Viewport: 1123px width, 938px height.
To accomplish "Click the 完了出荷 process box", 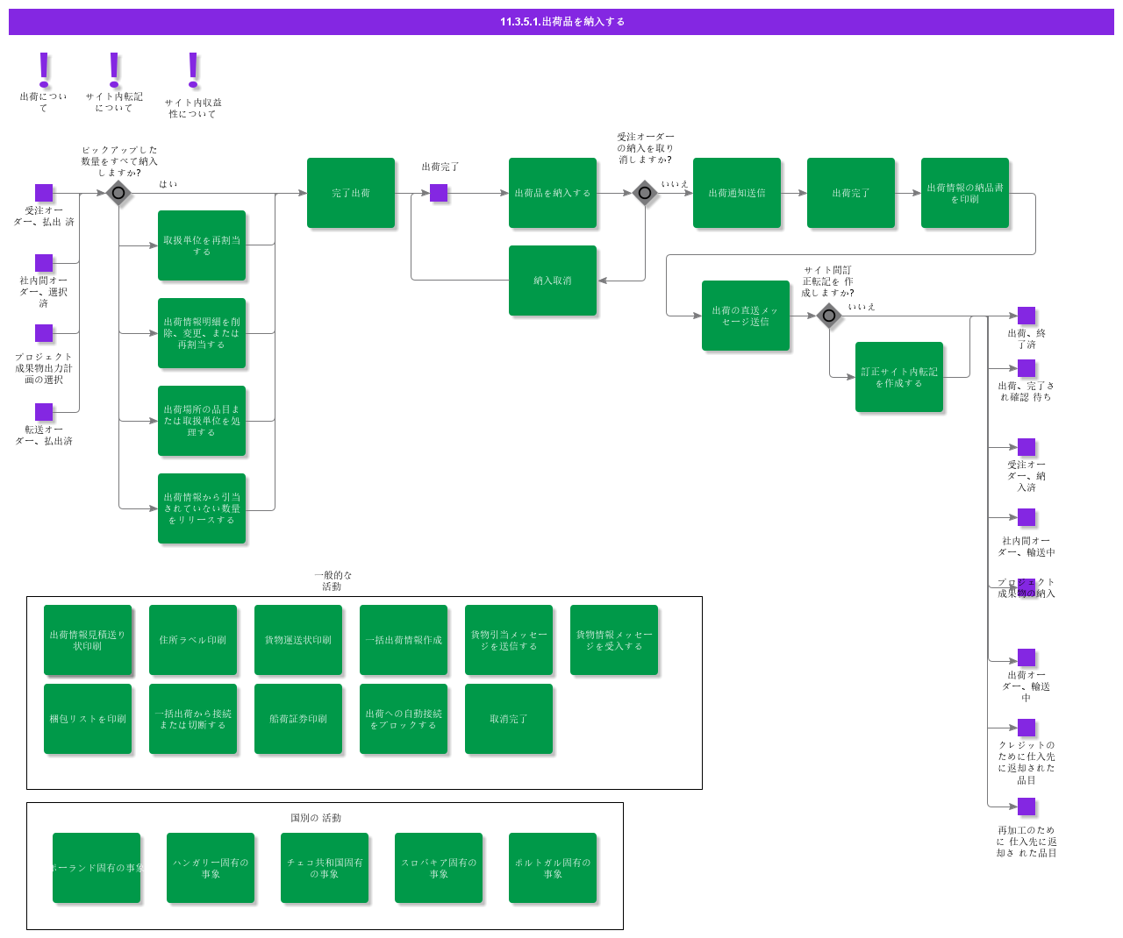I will tap(351, 193).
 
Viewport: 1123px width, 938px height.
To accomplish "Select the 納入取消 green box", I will tap(553, 281).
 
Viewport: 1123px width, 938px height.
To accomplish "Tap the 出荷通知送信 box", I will tap(737, 193).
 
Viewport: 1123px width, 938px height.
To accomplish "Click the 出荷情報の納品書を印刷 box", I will tap(965, 193).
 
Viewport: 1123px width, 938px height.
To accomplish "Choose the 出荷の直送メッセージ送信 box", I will tap(746, 316).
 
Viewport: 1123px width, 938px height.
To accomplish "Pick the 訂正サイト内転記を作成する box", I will tap(899, 377).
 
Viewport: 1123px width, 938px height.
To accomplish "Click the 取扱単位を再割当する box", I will tap(202, 245).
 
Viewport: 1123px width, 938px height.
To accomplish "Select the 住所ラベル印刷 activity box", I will tap(193, 640).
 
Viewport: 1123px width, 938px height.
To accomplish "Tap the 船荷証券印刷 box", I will tap(298, 719).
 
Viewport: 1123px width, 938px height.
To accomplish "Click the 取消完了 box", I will tap(509, 719).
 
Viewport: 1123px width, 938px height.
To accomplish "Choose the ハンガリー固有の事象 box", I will tap(211, 868).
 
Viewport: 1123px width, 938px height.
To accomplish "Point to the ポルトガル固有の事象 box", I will tap(553, 868).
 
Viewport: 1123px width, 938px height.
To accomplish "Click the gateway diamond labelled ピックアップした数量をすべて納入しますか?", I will tap(118, 193).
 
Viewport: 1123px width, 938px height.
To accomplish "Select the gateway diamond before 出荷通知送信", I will tap(645, 193).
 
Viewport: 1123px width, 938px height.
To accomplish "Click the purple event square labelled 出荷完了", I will tap(439, 193).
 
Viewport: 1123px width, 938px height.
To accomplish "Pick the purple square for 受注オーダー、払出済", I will tap(44, 193).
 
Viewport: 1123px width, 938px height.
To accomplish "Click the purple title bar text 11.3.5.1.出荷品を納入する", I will tap(561, 22).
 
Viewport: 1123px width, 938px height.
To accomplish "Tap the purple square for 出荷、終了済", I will tap(1026, 316).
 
